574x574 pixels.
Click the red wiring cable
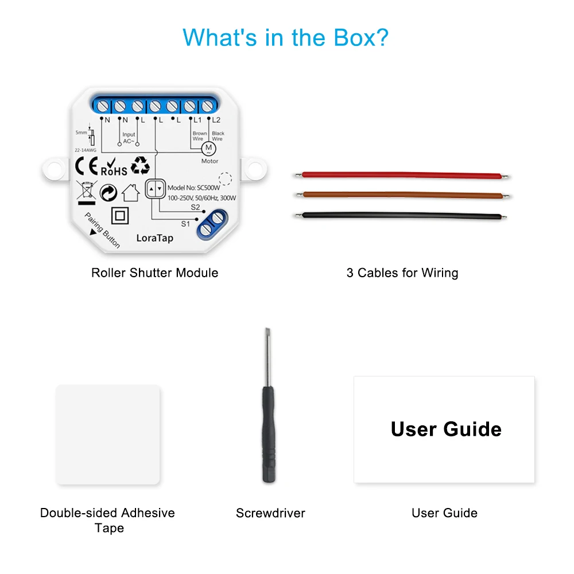click(402, 174)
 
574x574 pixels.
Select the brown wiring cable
click(402, 195)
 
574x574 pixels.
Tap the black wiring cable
click(402, 216)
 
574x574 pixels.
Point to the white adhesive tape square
click(108, 435)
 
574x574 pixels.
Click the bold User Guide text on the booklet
click(446, 429)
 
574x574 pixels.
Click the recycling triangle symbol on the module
click(140, 166)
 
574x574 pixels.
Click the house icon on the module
click(131, 192)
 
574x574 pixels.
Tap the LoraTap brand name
click(154, 238)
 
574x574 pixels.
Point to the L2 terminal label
click(216, 120)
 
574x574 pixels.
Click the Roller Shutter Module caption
click(154, 273)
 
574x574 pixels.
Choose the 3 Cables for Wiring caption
click(402, 273)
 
